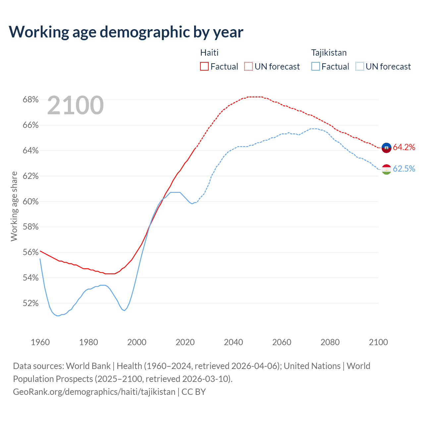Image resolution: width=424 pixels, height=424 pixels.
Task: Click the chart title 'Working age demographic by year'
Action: pos(126,32)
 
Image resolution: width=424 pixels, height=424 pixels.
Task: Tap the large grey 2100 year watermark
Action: pos(76,105)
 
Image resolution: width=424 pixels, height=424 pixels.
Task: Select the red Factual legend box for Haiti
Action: pos(204,66)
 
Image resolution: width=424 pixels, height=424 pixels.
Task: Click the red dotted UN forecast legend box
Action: pos(248,66)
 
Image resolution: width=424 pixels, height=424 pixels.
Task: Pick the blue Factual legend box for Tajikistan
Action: pos(316,66)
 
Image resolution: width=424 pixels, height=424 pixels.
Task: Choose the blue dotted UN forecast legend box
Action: pos(360,66)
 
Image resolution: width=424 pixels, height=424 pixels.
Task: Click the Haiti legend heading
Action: pos(209,53)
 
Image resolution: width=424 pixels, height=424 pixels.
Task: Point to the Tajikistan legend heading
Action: pos(329,53)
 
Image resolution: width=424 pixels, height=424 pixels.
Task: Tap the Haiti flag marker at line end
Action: pos(387,147)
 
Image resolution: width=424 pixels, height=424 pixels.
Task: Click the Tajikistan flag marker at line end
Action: pos(387,169)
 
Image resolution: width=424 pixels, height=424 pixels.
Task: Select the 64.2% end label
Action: pos(404,147)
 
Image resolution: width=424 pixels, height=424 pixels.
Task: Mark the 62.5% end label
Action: pos(404,169)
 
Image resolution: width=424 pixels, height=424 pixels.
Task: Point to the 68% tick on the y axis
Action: pos(31,100)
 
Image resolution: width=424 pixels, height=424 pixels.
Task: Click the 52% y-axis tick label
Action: pos(31,303)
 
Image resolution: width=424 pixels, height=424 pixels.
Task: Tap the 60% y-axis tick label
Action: pos(31,201)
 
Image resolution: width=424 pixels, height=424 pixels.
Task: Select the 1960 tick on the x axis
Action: pos(40,342)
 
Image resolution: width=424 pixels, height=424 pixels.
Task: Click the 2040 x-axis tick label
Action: pos(234,342)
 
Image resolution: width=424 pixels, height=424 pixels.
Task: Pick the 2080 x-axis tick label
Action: pos(330,342)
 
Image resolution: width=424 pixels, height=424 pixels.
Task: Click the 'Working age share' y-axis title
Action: pos(14,206)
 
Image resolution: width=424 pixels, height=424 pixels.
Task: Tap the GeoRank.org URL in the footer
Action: pos(94,392)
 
